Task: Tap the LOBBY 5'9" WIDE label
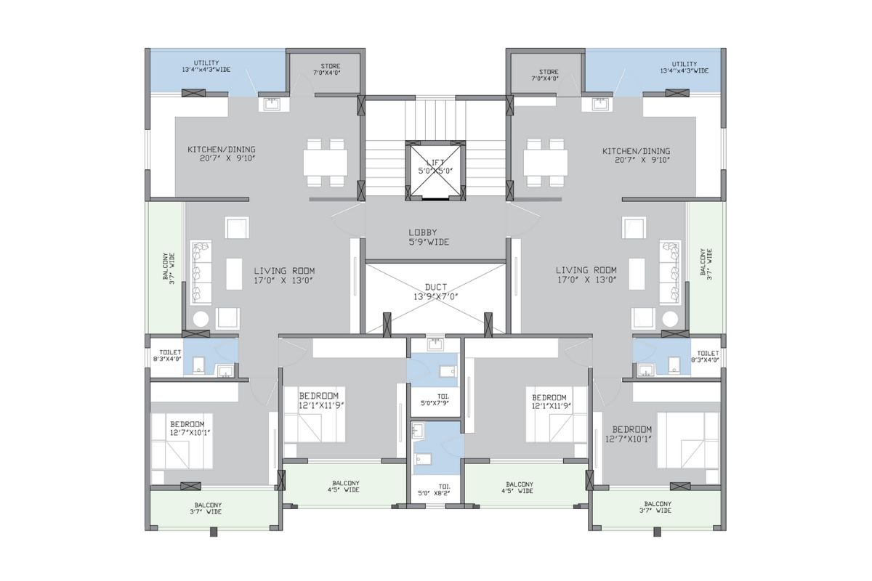point(429,237)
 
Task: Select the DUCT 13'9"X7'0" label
point(435,292)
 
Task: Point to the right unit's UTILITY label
point(685,64)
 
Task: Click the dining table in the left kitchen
point(326,163)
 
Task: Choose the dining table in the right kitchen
point(546,163)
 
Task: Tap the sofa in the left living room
point(201,272)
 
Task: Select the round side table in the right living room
point(670,319)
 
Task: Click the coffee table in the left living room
point(234,274)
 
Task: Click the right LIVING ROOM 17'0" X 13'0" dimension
point(587,280)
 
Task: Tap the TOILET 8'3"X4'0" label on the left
point(167,356)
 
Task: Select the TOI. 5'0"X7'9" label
point(435,399)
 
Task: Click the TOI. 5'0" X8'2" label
point(434,490)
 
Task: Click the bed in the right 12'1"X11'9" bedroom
point(557,414)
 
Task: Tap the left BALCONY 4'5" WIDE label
point(343,487)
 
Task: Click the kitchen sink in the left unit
point(272,105)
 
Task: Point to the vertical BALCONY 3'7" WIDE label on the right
point(706,264)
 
